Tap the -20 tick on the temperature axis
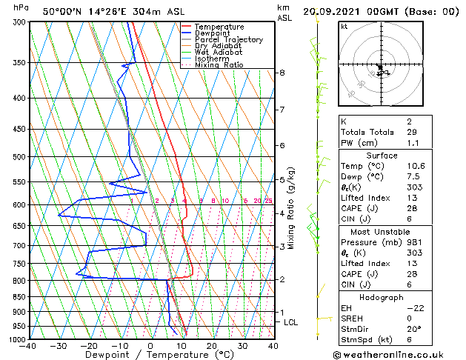(x=90, y=345)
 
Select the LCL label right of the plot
(x=291, y=322)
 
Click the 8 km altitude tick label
(x=282, y=73)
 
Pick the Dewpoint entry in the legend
(x=211, y=33)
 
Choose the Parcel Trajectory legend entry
(x=228, y=40)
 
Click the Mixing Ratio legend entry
(x=219, y=65)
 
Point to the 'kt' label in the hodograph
(x=344, y=27)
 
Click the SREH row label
(x=353, y=319)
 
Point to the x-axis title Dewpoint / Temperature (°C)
(x=151, y=355)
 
